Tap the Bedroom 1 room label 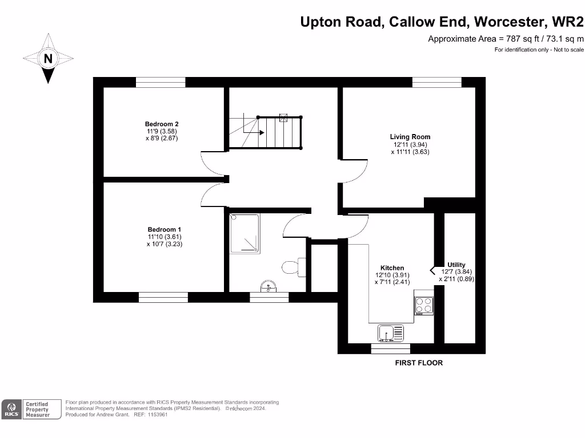coord(164,229)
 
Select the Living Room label coord(410,137)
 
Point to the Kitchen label coord(392,268)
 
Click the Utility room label coord(456,265)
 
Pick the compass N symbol coord(49,58)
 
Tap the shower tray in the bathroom coord(245,233)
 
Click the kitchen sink coord(391,332)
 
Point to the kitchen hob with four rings coord(424,306)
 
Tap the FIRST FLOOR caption coord(419,363)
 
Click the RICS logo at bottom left coord(11,409)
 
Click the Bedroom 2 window coord(161,82)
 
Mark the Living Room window coord(436,82)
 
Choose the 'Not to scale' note coord(568,50)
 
